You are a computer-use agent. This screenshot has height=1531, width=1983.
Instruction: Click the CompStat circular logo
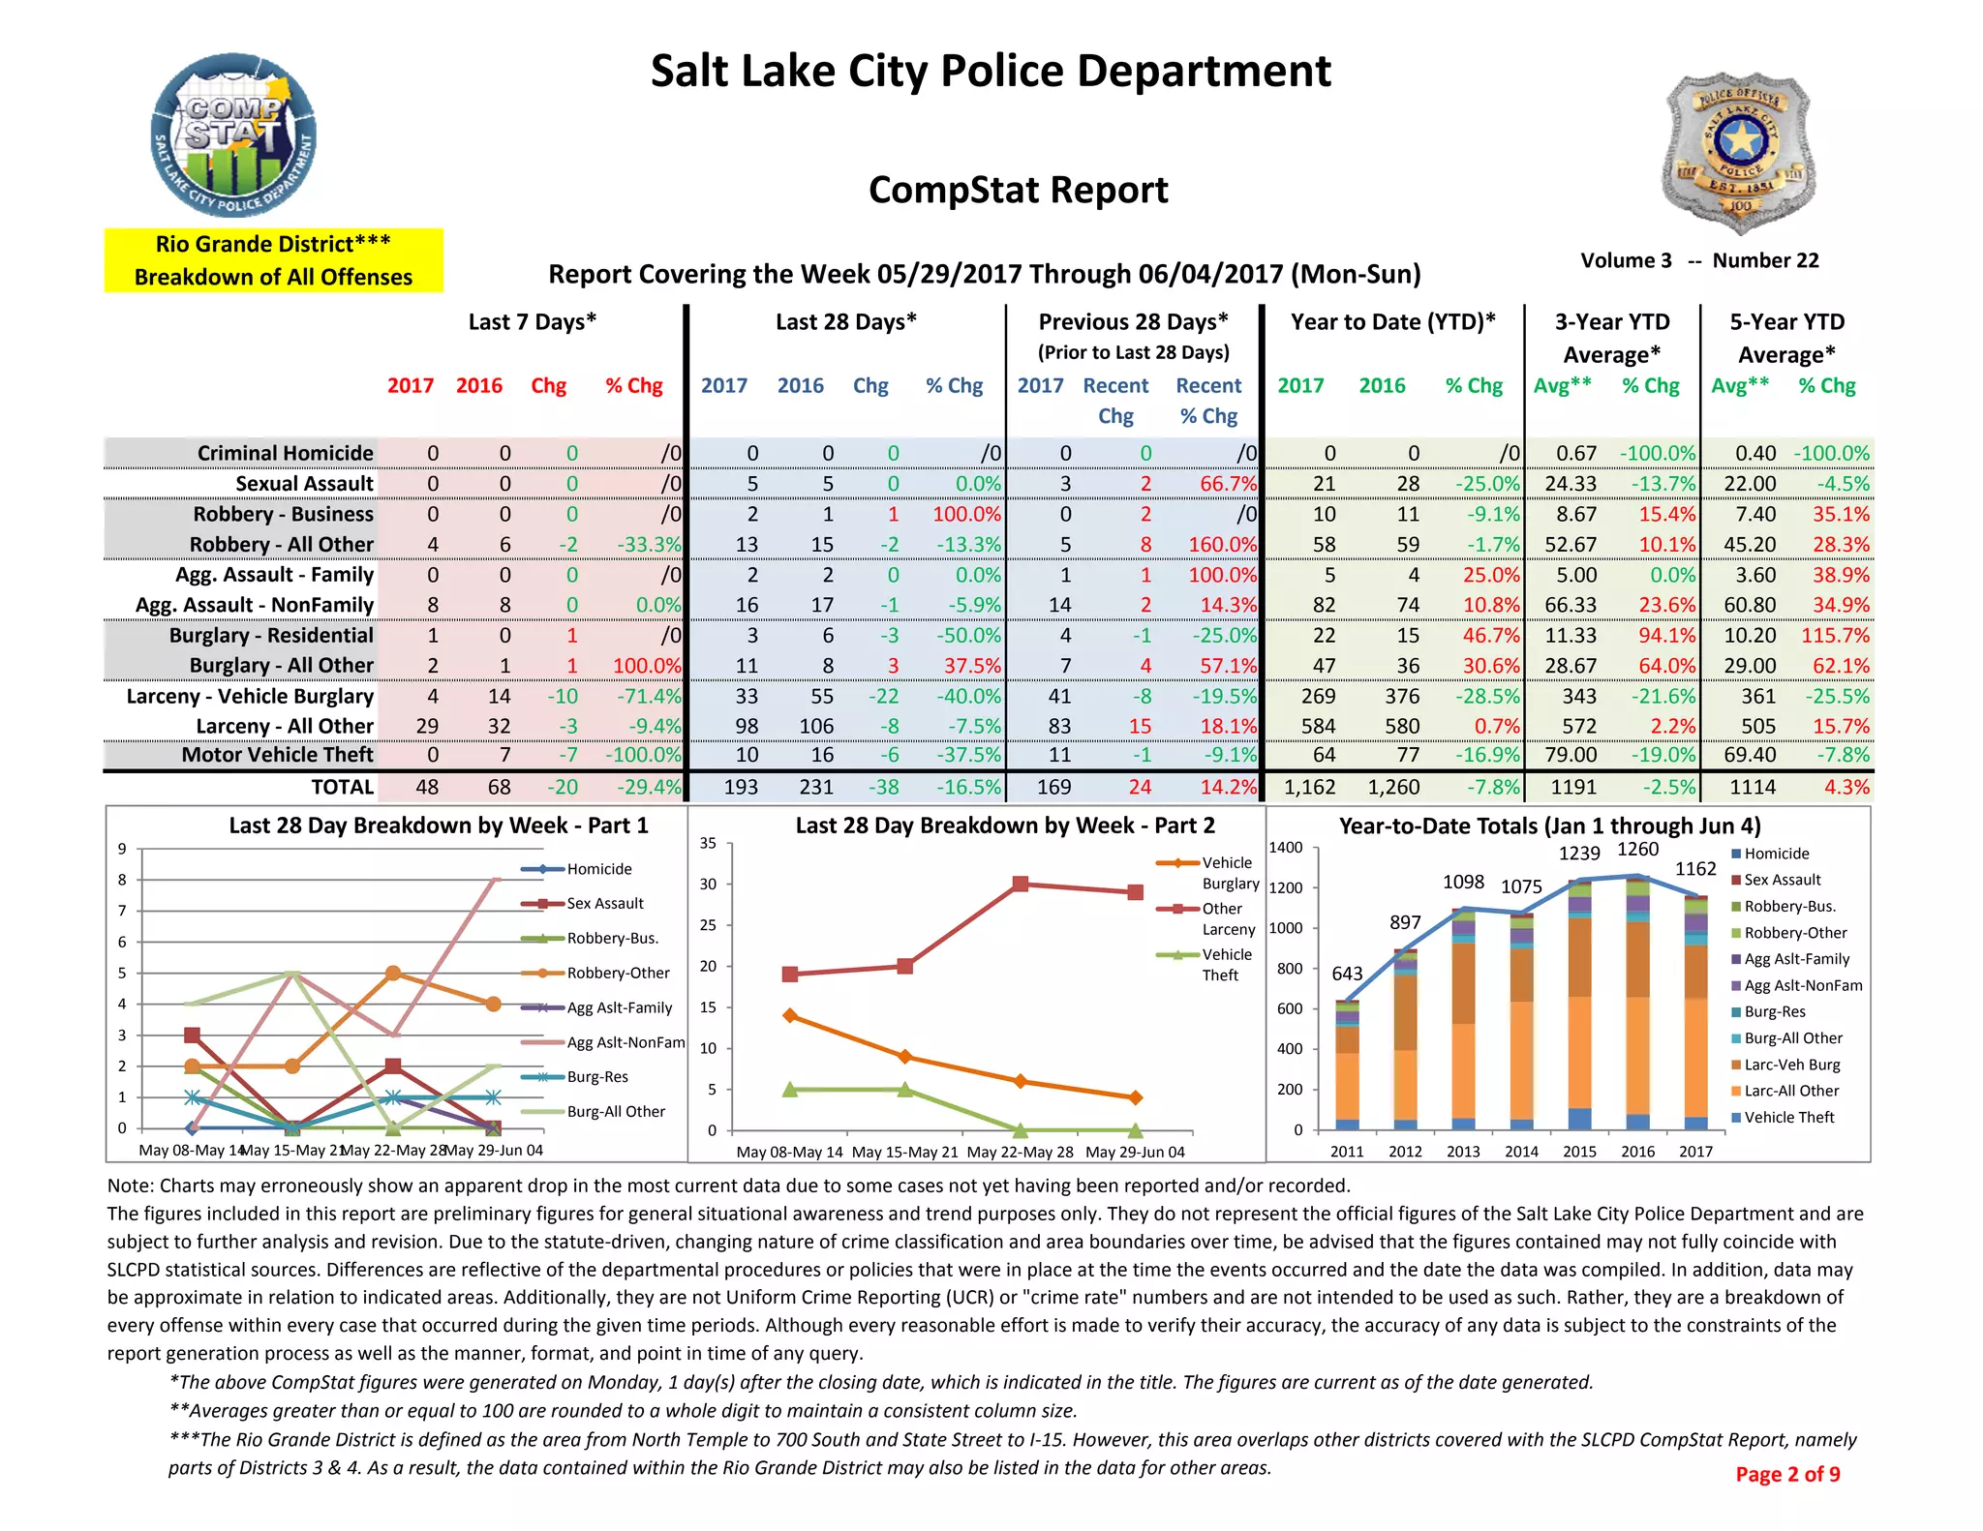(233, 136)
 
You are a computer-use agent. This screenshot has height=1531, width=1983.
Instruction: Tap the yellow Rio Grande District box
(273, 260)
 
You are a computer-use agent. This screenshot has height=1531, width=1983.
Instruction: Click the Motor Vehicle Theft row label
(277, 755)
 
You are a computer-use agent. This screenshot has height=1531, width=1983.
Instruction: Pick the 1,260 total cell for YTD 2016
(1393, 788)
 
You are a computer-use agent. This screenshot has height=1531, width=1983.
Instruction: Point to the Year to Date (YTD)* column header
(1392, 322)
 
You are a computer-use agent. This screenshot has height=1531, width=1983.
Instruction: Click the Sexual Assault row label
(304, 484)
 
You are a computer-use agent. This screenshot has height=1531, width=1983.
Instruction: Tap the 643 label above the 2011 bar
(1347, 974)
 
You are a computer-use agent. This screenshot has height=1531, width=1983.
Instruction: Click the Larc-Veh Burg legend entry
(1790, 1065)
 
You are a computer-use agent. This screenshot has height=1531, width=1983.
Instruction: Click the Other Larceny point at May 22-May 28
(1020, 884)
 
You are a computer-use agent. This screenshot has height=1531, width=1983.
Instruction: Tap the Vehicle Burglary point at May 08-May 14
(790, 1015)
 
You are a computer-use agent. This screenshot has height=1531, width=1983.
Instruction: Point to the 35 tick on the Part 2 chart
(708, 843)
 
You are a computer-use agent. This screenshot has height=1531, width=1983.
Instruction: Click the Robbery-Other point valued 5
(392, 974)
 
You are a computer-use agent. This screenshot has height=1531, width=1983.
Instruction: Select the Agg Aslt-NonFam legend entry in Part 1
(625, 1042)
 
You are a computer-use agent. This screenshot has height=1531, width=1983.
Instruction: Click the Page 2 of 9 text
(1787, 1474)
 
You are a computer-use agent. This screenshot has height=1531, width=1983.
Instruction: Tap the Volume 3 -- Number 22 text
(1699, 260)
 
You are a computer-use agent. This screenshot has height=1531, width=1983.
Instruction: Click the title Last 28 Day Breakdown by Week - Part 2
(1004, 826)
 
